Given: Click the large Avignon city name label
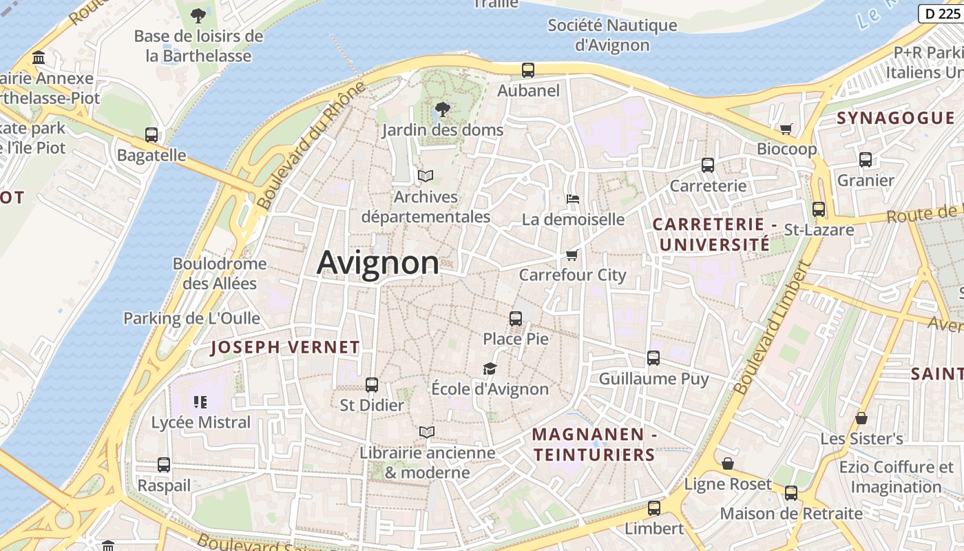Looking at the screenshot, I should (377, 263).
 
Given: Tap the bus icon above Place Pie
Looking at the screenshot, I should (516, 318).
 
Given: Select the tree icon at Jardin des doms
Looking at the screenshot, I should (443, 109).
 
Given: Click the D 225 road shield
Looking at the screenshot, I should (941, 13).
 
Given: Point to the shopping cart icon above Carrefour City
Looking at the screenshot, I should (572, 256).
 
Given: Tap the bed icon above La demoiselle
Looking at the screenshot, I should (573, 199).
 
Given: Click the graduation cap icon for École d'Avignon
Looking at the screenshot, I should (490, 368).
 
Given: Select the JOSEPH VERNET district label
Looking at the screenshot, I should (285, 347).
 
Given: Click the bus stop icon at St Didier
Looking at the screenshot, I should (372, 385).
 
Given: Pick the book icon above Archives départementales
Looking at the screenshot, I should (426, 176).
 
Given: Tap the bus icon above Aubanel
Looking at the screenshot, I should (528, 70).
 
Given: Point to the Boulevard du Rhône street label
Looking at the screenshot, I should (311, 146).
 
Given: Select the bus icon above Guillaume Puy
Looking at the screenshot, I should (653, 358).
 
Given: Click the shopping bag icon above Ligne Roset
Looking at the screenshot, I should (728, 464).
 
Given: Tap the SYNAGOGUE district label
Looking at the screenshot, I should (896, 118).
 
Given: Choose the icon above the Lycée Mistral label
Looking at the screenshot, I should (200, 402).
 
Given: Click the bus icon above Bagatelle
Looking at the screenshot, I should (151, 135).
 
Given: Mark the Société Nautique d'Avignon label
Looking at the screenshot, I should (612, 35).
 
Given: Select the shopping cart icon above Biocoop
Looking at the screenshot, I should (786, 129).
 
